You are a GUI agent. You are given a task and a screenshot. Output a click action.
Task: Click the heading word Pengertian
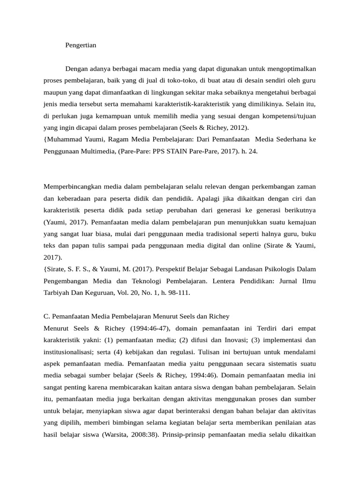point(81,45)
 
